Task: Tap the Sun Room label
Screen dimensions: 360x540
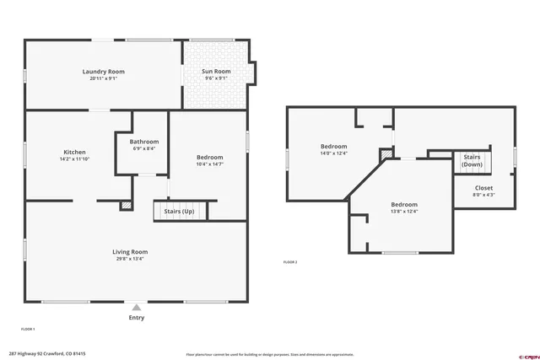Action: click(216, 72)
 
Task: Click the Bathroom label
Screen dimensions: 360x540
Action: click(144, 142)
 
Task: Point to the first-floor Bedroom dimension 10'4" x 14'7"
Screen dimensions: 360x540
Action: click(210, 164)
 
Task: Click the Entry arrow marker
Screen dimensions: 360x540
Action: click(137, 307)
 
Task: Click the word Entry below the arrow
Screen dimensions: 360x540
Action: click(137, 318)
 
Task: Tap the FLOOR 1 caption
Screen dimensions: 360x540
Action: click(28, 329)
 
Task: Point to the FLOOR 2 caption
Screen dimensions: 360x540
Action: click(290, 262)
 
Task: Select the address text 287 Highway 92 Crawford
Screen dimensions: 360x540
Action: click(47, 354)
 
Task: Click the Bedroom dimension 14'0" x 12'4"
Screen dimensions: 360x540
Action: click(333, 153)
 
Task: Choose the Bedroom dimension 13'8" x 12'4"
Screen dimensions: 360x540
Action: click(404, 212)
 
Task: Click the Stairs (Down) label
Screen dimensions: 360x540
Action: click(472, 160)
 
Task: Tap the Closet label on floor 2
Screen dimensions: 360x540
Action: click(483, 188)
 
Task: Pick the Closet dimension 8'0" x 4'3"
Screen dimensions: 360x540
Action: click(483, 195)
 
